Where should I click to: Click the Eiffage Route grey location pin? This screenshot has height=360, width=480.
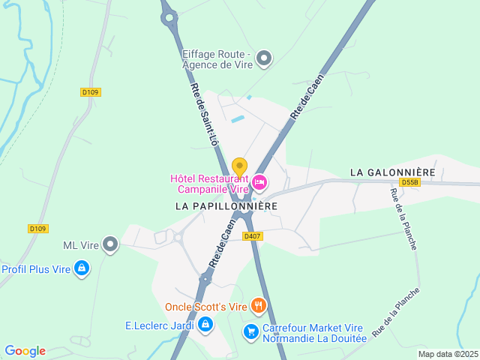[x=263, y=58]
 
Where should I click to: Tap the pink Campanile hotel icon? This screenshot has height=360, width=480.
[x=259, y=181]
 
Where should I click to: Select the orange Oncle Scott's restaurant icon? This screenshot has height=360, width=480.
[x=258, y=305]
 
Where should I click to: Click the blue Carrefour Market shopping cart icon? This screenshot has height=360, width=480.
[x=250, y=330]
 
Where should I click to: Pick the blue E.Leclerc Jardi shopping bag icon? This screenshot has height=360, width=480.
[x=205, y=324]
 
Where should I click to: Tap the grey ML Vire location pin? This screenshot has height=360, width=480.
[x=111, y=244]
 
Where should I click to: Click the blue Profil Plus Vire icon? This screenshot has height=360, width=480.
[x=82, y=268]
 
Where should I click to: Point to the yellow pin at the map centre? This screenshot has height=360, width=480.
[x=239, y=166]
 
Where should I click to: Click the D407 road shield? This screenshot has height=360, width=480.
[x=252, y=236]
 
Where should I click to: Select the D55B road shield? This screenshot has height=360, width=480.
[x=409, y=182]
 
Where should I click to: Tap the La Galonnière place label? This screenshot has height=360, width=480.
[x=392, y=172]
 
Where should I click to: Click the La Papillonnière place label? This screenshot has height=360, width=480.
[x=226, y=205]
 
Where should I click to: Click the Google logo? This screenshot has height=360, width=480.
[x=25, y=351]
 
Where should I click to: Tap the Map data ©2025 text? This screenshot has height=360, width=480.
[x=447, y=354]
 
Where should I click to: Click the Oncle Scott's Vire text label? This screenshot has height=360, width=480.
[x=205, y=306]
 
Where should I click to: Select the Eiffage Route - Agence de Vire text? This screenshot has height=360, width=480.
[x=217, y=58]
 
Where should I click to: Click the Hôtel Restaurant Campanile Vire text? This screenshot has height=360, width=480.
[x=209, y=184]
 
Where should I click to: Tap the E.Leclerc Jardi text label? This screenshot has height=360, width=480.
[x=160, y=325]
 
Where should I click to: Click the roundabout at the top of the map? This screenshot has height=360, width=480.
[x=168, y=16]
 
